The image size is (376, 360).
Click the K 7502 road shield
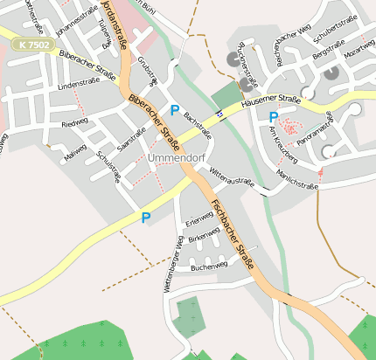33,43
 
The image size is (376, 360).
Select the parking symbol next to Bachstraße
175,110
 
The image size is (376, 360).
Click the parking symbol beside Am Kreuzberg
274,116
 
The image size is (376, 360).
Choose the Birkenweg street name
202,239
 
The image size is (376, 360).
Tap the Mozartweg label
359,48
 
